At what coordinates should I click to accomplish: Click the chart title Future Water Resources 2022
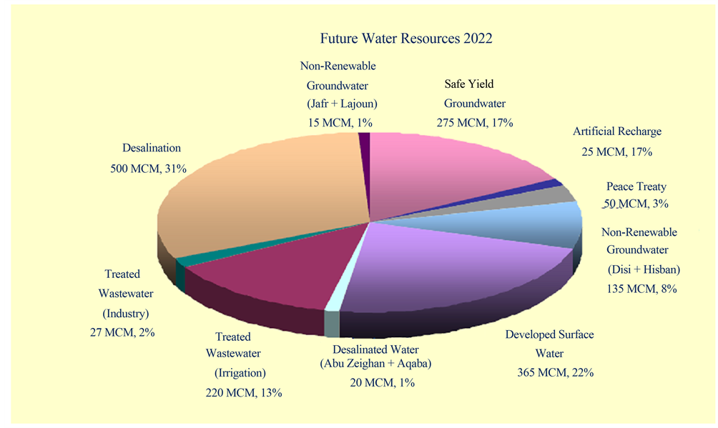(x=405, y=39)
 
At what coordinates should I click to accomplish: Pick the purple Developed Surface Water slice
(x=458, y=272)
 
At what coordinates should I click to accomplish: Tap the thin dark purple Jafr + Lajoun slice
(x=365, y=143)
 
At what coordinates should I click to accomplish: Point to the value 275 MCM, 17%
(x=474, y=122)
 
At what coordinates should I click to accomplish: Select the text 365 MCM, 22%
(x=555, y=372)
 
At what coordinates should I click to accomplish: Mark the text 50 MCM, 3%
(x=636, y=204)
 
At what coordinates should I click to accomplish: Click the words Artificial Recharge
(x=616, y=131)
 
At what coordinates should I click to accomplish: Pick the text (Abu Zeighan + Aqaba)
(x=375, y=364)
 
